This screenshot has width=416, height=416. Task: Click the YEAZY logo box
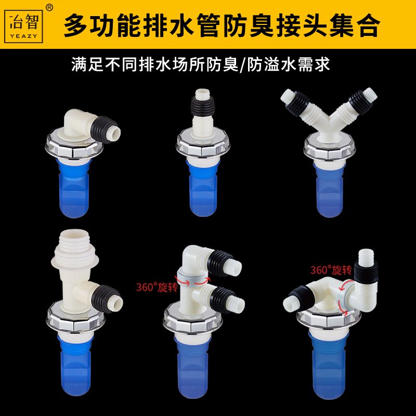click(x=23, y=27)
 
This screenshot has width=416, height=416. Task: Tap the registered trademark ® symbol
click(x=49, y=8)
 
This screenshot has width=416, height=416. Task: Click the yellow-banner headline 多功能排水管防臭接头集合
click(x=222, y=25)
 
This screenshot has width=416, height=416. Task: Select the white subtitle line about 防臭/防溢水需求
click(x=201, y=64)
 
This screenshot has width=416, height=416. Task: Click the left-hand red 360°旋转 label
click(x=157, y=287)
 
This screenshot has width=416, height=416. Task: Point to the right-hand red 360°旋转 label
click(x=331, y=270)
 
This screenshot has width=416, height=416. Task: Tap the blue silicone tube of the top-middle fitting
click(x=202, y=188)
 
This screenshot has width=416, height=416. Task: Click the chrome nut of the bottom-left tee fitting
click(x=75, y=317)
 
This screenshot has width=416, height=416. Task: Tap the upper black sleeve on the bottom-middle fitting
click(x=220, y=263)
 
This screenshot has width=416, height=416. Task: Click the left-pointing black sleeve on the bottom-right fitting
click(x=302, y=297)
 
